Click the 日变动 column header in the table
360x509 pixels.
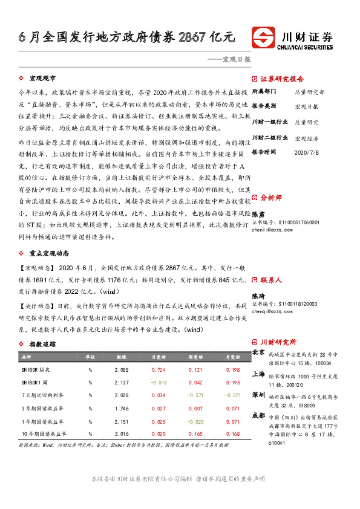click(x=159, y=357)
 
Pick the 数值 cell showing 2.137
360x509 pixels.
click(x=121, y=382)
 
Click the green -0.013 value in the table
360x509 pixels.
click(x=159, y=382)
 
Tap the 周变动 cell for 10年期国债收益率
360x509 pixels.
click(x=195, y=433)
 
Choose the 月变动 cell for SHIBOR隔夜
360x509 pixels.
click(x=233, y=369)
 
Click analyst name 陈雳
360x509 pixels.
click(x=258, y=214)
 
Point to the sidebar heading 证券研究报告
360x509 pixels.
click(x=282, y=79)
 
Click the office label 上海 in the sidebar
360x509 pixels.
click(x=258, y=375)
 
